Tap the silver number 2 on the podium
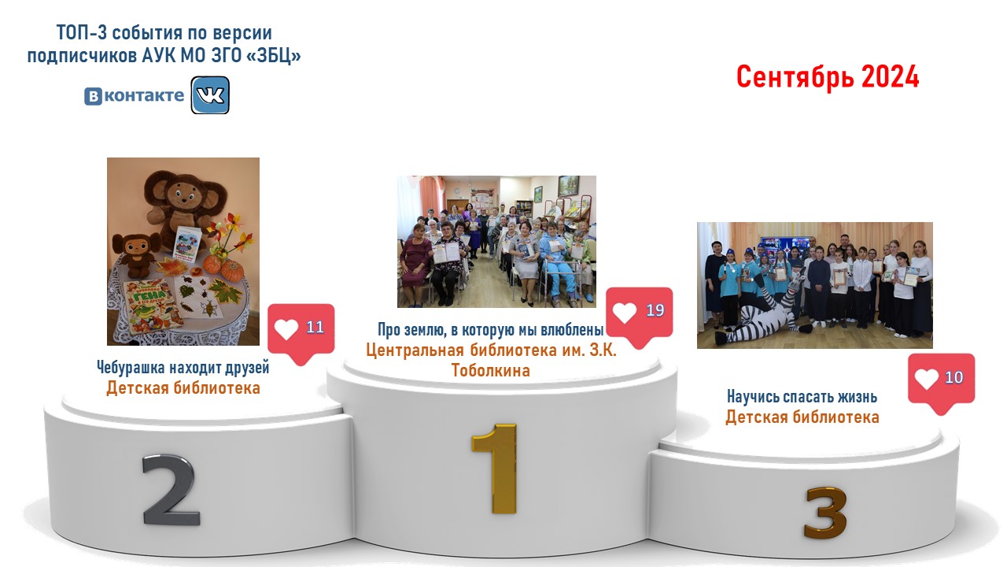pos(171,489)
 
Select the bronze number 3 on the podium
pos(826,513)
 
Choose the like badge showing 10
pos(942,383)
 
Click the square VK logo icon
pos(210,95)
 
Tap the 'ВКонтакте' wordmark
pos(134,96)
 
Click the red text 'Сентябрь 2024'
pos(828,76)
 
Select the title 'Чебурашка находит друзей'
pos(183,368)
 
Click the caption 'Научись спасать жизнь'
pos(802,396)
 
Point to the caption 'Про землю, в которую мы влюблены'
pos(490,330)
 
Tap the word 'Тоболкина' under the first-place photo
pos(490,371)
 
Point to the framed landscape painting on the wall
pos(568,186)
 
